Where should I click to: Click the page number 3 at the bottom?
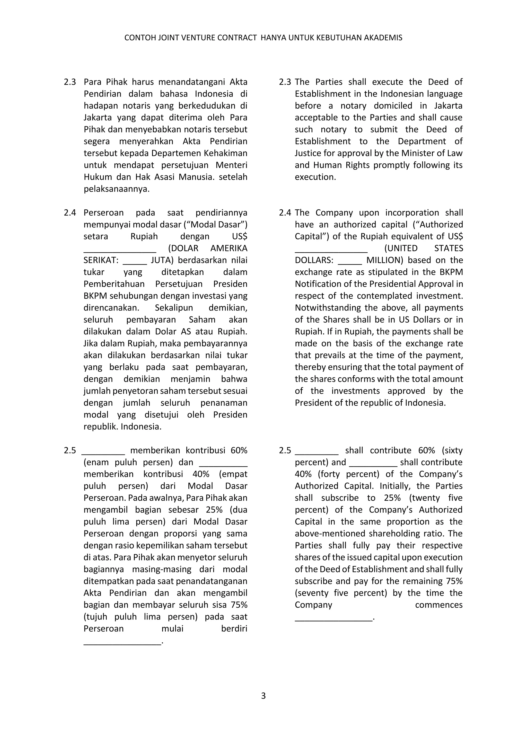click(263, 696)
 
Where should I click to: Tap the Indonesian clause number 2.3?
click(70, 82)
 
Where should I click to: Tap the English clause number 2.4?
click(285, 212)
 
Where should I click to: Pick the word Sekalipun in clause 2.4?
click(174, 308)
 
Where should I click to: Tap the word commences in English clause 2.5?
click(439, 605)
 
